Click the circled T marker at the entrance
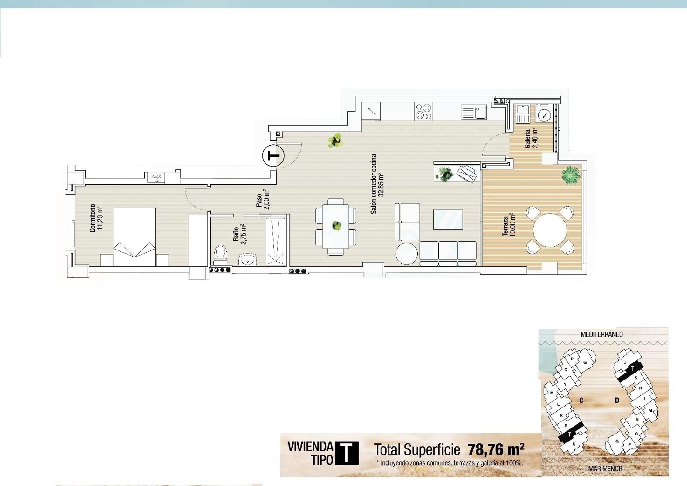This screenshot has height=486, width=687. (273, 156)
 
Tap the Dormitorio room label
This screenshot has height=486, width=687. (96, 218)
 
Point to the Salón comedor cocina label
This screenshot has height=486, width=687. (377, 183)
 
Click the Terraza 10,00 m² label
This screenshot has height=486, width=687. (509, 225)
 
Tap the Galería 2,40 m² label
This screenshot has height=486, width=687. (531, 138)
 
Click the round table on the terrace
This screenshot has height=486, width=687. (550, 230)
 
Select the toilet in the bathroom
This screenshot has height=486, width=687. (221, 252)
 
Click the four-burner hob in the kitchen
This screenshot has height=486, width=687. (423, 111)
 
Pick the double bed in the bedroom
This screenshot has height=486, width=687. (134, 237)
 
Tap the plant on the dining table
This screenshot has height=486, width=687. (337, 226)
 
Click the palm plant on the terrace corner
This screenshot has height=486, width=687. (570, 175)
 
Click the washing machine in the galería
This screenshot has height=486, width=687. (545, 115)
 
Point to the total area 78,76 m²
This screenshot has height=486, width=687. (496, 449)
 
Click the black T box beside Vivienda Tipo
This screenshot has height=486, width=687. (347, 453)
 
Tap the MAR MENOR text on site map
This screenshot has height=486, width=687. (605, 469)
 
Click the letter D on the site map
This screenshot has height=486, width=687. (617, 400)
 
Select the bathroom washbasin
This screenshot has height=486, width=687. (248, 260)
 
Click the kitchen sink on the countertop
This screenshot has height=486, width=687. (480, 112)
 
